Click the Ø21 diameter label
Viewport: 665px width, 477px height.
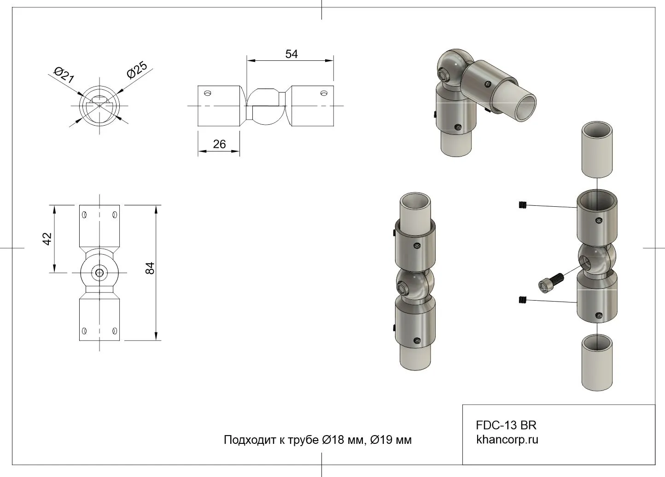tap(64, 75)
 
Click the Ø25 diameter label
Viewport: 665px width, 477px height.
tap(137, 70)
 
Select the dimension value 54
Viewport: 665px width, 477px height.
tap(291, 54)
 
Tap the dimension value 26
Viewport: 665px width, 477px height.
tap(219, 144)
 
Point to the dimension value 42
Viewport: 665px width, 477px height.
tap(47, 239)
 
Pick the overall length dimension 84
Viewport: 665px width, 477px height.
tap(150, 268)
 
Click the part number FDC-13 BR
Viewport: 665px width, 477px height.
tap(506, 425)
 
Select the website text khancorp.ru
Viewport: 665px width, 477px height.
tap(507, 440)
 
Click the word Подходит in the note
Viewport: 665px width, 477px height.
tap(250, 440)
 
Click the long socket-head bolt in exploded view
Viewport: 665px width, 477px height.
tap(551, 283)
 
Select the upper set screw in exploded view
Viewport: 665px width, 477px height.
tap(523, 205)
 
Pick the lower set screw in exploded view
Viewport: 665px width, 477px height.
tap(523, 300)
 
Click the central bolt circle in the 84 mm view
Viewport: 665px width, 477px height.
tap(99, 273)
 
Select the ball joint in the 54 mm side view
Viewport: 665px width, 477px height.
tap(266, 106)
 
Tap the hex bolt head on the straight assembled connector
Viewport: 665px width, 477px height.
tap(402, 288)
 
